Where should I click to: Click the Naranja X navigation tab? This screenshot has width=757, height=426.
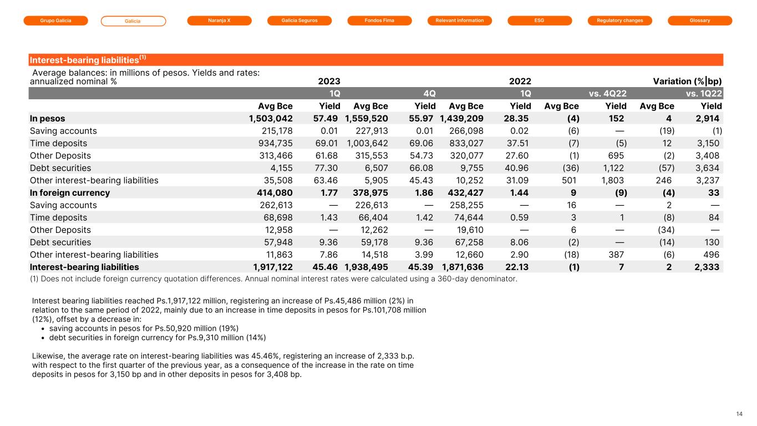[219, 21]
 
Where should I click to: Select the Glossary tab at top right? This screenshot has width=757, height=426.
[700, 21]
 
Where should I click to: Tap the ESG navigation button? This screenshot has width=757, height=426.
[540, 21]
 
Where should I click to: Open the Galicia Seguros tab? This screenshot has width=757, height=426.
[299, 21]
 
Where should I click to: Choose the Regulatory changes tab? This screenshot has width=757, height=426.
[620, 21]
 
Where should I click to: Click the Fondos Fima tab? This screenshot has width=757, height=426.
[379, 21]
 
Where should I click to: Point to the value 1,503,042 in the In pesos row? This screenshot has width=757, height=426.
[270, 119]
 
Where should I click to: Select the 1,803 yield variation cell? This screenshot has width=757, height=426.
[612, 180]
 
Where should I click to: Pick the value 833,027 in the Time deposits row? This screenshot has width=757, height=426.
[461, 143]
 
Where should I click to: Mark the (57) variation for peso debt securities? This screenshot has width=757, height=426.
[664, 168]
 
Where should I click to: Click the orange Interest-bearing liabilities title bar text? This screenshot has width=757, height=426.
[87, 60]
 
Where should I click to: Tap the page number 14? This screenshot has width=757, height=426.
[739, 413]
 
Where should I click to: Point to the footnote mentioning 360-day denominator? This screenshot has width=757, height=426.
[273, 278]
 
